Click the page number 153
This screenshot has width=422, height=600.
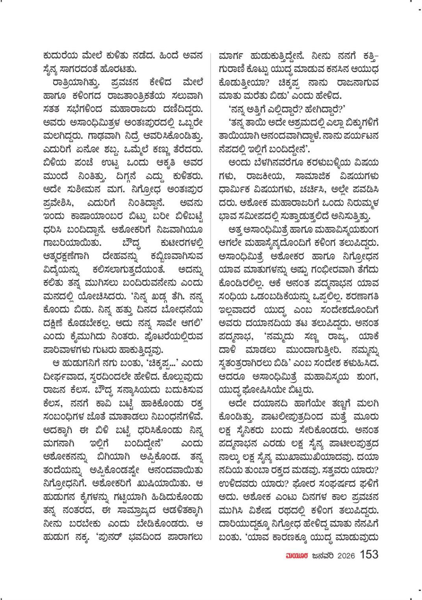[369, 555]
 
